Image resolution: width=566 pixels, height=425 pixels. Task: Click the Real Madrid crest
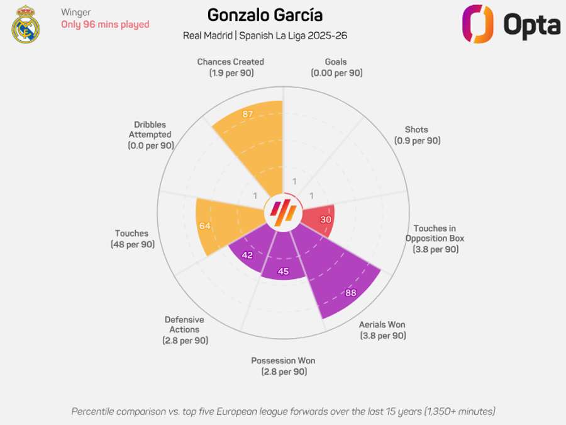point(25,25)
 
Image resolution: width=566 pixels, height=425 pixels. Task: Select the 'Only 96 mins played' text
point(105,25)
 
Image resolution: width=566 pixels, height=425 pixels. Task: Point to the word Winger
point(76,12)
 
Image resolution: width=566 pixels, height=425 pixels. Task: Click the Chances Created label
point(230,67)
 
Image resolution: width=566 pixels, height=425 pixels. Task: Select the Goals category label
point(336,67)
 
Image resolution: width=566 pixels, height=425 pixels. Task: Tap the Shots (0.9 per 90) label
point(418,135)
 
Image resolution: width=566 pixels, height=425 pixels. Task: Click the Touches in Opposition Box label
point(435,239)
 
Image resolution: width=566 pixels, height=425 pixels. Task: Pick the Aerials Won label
point(382,330)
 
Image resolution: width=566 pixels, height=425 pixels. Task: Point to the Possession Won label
point(283,366)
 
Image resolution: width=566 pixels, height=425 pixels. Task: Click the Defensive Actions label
point(184,330)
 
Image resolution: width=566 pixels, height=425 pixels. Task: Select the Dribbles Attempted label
point(150,135)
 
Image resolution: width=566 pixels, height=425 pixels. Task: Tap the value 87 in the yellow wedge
point(248,114)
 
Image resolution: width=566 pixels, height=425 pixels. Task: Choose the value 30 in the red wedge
point(326,220)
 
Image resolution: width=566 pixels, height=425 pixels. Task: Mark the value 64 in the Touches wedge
point(205,226)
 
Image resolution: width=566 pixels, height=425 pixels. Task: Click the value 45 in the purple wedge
point(283,271)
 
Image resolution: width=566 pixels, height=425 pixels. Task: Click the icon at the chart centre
point(283,214)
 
